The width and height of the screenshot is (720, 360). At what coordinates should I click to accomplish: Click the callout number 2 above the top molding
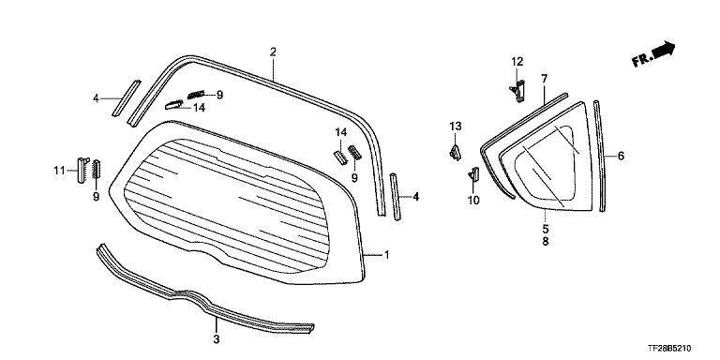[273, 52]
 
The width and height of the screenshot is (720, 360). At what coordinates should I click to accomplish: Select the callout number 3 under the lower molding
[217, 339]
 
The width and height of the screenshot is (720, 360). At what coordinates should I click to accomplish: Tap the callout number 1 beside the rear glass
[386, 254]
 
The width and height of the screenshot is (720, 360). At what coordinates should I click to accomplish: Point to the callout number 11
[59, 171]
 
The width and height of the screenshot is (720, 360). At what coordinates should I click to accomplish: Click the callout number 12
[517, 62]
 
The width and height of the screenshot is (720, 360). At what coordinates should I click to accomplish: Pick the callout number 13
[455, 126]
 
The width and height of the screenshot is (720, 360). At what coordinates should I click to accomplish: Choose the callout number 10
[473, 200]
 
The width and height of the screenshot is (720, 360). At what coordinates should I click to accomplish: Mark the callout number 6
[621, 157]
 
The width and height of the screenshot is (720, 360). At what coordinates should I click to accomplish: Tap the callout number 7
[545, 79]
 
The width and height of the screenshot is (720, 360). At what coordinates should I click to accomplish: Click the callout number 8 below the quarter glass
[546, 242]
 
